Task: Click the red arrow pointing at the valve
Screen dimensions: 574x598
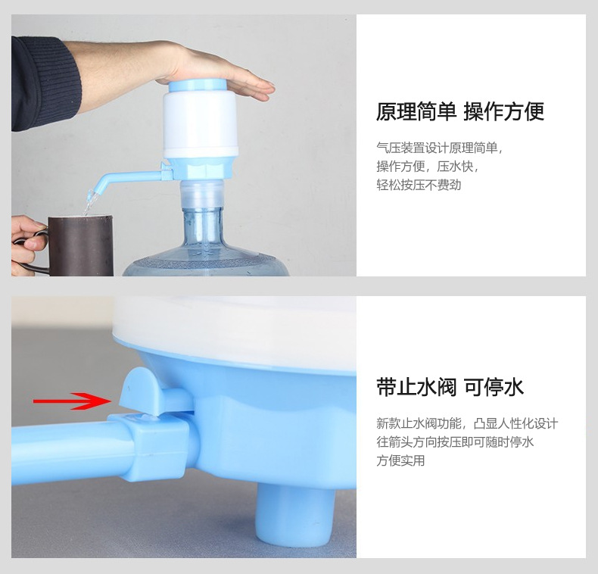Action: pyautogui.click(x=72, y=401)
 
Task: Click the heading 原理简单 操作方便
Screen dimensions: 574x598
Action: pyautogui.click(x=459, y=112)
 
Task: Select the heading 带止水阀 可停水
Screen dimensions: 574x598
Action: pyautogui.click(x=450, y=387)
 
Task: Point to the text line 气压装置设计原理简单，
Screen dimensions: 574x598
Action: pyautogui.click(x=439, y=148)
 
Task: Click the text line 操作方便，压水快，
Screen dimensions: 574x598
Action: pyautogui.click(x=427, y=167)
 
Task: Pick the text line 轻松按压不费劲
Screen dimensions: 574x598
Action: pyautogui.click(x=419, y=185)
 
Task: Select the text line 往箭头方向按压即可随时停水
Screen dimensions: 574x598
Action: pyautogui.click(x=455, y=442)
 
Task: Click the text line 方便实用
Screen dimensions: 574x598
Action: pyautogui.click(x=400, y=460)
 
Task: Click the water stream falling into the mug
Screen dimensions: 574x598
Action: pyautogui.click(x=90, y=203)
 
